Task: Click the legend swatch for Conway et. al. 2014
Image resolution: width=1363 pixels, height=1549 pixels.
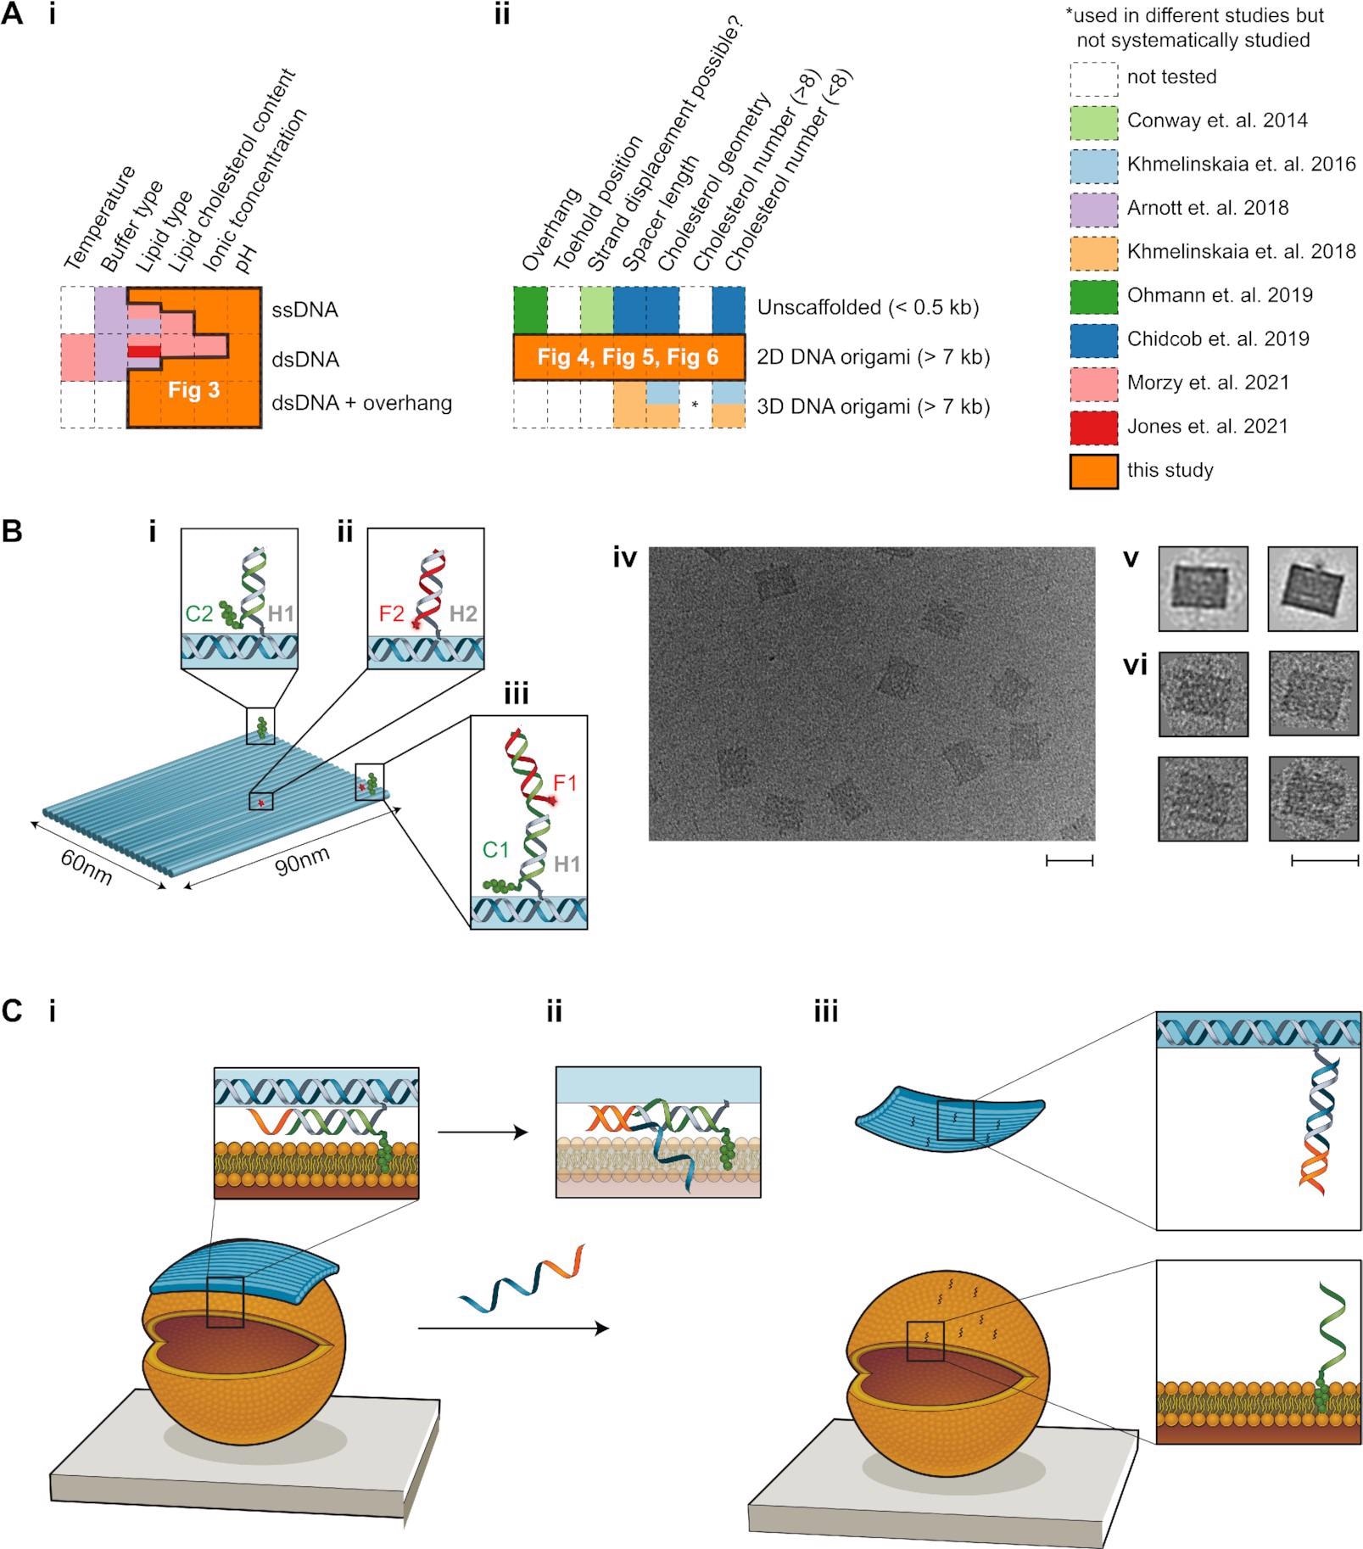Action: [1093, 120]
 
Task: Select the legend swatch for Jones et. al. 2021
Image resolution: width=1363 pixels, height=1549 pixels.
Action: [1093, 426]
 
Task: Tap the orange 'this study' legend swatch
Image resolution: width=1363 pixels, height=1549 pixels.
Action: [1093, 470]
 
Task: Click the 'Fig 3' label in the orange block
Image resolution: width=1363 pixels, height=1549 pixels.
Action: [194, 390]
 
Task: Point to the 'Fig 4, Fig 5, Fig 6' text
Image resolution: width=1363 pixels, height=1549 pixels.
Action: [628, 357]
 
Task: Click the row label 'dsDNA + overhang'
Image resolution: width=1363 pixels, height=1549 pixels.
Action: [362, 403]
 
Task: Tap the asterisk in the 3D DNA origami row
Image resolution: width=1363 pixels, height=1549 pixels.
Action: [695, 405]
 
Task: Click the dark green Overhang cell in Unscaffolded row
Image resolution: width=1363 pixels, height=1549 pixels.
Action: [530, 310]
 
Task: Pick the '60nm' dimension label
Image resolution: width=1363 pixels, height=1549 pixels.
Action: [86, 866]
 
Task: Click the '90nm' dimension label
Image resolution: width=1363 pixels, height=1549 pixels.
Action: [304, 864]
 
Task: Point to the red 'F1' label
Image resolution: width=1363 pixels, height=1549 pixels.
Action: [564, 781]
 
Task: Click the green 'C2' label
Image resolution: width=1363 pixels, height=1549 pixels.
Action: [199, 612]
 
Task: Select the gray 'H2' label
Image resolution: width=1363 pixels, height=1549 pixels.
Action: [463, 612]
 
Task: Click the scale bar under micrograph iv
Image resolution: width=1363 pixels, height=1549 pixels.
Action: [1070, 861]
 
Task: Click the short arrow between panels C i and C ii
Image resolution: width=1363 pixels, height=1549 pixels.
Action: [483, 1132]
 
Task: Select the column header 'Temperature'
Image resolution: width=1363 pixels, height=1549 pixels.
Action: [100, 219]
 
